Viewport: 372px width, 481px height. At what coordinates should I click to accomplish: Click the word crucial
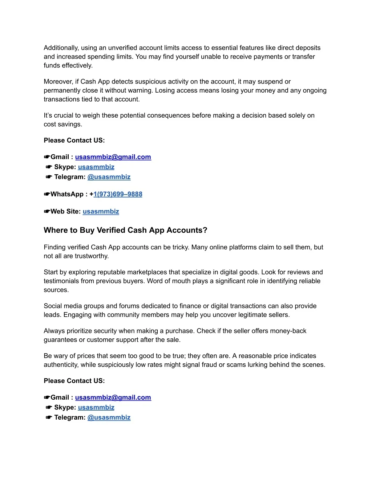click(65, 115)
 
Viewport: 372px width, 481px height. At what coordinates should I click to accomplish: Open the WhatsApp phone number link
click(118, 194)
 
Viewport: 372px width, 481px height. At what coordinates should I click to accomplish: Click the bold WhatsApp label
click(67, 194)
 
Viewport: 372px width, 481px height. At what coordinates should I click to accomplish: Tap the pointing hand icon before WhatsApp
click(47, 194)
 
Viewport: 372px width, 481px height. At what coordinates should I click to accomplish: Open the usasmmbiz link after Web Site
click(101, 212)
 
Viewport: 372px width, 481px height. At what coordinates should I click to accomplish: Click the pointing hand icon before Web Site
click(47, 212)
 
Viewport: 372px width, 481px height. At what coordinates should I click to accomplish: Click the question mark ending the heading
click(205, 230)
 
